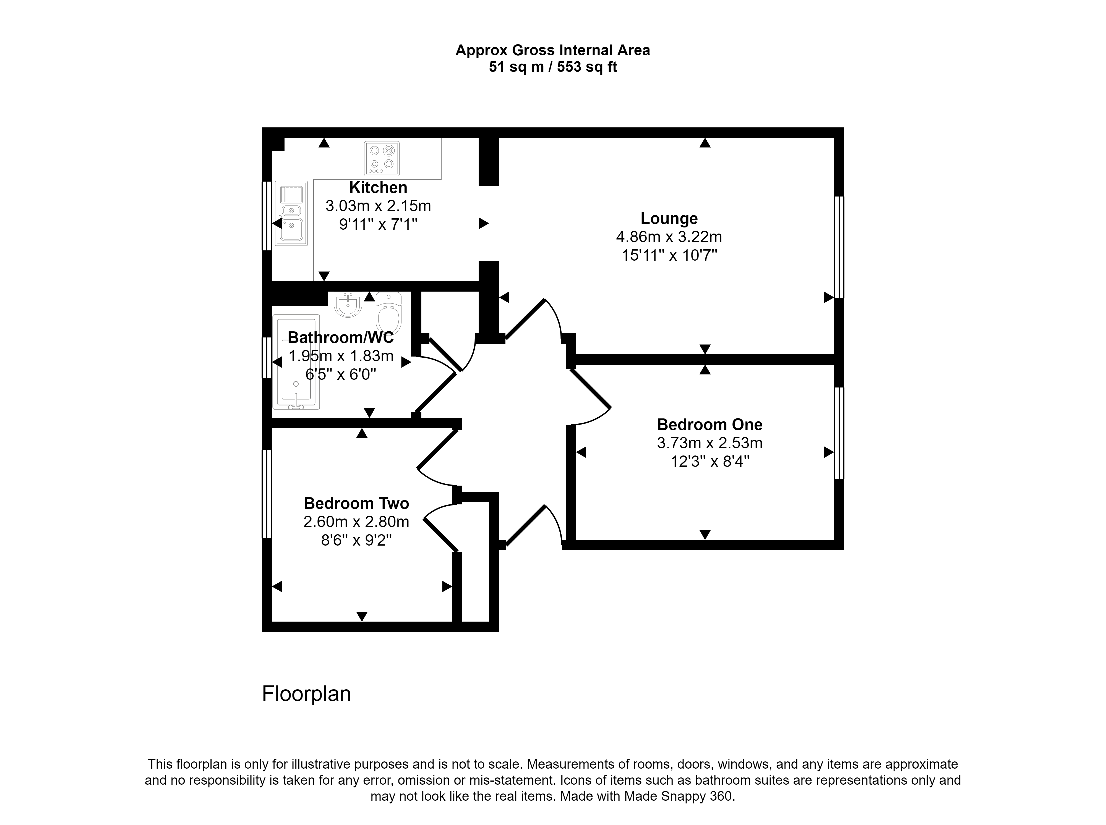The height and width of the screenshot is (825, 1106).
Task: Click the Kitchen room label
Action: coord(378,187)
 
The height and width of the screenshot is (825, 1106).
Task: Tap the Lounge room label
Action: coord(669,218)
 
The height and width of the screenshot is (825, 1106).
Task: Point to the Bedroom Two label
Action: coord(356,503)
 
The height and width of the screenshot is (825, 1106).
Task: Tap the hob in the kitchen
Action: coord(382,158)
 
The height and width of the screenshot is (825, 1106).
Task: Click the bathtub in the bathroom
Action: coord(296,362)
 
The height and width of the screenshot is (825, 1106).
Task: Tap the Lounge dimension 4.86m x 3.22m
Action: coord(669,237)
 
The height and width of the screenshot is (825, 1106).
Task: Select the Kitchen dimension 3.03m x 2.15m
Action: coord(378,206)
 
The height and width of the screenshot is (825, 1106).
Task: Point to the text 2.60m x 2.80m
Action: coord(356,522)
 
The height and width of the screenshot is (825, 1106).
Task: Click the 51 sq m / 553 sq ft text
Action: coord(552,67)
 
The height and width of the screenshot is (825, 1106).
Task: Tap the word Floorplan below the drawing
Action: coord(306,694)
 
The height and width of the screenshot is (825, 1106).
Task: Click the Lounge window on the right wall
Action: coord(839,247)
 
